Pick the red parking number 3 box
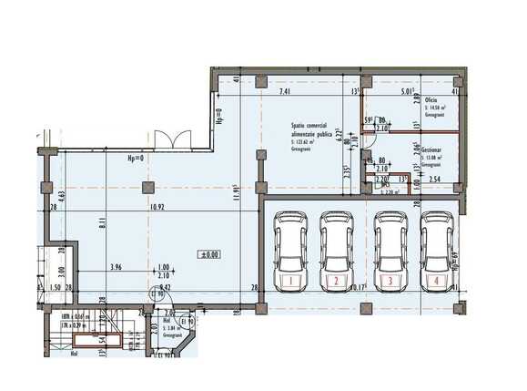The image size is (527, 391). pyautogui.click(x=390, y=281)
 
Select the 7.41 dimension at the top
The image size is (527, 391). pyautogui.click(x=286, y=92)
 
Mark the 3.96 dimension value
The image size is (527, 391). pyautogui.click(x=117, y=267)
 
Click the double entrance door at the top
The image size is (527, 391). pyautogui.click(x=170, y=139)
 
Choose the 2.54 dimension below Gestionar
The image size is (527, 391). pyautogui.click(x=436, y=180)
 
